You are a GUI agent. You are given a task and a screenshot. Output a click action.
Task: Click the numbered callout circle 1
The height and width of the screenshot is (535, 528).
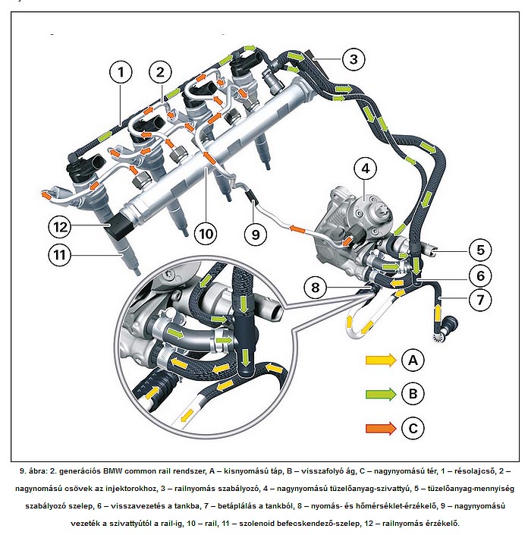click(120, 73)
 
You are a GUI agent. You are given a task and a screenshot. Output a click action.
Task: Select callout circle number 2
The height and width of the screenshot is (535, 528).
click(160, 73)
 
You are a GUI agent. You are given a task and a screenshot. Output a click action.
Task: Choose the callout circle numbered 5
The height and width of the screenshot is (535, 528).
click(479, 249)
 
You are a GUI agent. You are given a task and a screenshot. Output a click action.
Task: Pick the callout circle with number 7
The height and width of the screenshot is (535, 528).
click(479, 300)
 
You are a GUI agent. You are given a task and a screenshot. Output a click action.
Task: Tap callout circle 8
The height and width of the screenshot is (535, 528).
click(316, 287)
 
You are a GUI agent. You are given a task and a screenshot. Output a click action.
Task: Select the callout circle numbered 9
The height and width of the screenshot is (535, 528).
click(255, 234)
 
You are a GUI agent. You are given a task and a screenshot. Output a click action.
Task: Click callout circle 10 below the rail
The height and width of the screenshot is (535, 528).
click(205, 234)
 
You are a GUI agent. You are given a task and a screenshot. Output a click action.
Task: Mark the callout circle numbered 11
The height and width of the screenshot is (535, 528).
click(59, 255)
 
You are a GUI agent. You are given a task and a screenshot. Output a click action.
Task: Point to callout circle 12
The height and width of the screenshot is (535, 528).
click(59, 225)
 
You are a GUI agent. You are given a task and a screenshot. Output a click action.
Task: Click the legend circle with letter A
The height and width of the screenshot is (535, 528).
click(412, 360)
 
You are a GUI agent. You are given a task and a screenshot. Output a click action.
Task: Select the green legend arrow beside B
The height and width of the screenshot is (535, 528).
click(380, 394)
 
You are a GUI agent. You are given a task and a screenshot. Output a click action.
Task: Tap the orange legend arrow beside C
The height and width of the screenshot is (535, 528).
click(380, 428)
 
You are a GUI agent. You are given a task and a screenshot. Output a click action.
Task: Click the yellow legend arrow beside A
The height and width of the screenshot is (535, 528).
click(380, 360)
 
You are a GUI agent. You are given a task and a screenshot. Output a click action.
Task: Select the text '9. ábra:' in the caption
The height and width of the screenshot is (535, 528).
click(36, 471)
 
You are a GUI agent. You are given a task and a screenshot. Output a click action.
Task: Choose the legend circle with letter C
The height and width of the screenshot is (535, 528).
click(412, 428)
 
